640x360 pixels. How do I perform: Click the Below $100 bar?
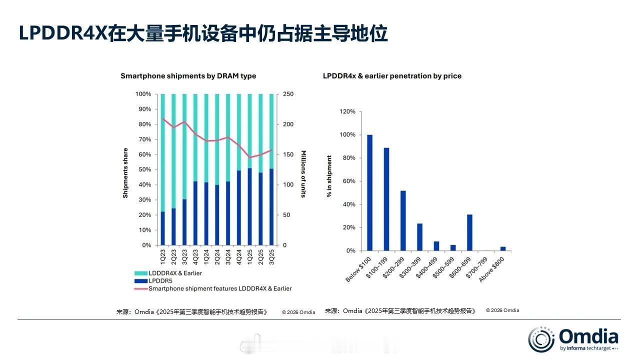coord(369,192)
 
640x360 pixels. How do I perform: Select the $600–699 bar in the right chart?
coord(469,232)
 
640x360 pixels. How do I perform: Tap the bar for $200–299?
coord(403,220)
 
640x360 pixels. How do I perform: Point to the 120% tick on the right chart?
coord(347,111)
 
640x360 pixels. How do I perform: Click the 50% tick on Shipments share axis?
coord(144,169)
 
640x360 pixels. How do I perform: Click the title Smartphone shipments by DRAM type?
coord(188,76)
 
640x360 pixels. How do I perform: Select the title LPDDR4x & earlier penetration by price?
coord(392,76)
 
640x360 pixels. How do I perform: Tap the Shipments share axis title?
coord(125,172)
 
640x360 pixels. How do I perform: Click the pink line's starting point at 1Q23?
coord(162,118)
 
